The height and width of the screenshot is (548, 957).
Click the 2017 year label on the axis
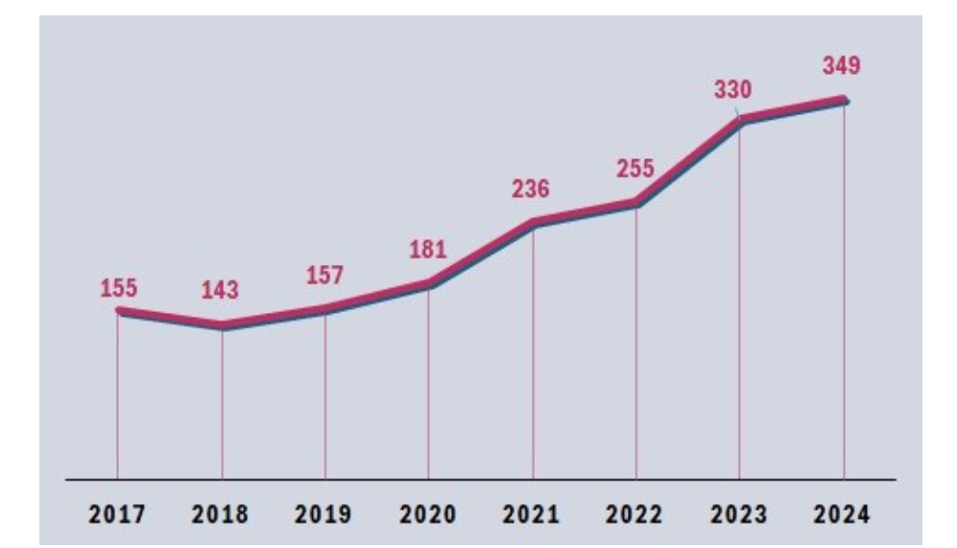tap(117, 513)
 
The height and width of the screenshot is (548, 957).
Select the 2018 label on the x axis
tap(221, 513)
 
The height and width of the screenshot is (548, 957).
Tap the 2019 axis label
tap(323, 513)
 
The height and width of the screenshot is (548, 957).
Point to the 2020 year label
tap(428, 513)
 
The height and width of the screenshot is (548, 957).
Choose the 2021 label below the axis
tap(531, 513)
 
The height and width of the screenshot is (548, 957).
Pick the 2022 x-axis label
tap(634, 513)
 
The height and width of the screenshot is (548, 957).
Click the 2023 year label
tap(738, 513)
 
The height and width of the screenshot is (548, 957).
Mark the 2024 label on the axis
tap(842, 513)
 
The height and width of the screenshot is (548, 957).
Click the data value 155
tap(119, 288)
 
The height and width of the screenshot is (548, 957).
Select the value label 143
tap(221, 290)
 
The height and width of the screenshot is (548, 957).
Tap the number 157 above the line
tap(324, 275)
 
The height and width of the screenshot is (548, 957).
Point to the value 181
tap(428, 249)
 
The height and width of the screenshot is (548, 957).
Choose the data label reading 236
tap(531, 188)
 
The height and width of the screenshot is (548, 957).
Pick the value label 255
tap(635, 168)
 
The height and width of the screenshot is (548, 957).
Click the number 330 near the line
tap(733, 89)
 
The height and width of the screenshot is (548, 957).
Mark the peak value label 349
tap(842, 65)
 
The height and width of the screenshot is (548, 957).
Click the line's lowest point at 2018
tap(222, 326)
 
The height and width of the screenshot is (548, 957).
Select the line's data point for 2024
tap(844, 100)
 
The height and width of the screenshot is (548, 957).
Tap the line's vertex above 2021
tap(534, 223)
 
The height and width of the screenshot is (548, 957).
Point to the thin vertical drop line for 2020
tap(428, 383)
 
